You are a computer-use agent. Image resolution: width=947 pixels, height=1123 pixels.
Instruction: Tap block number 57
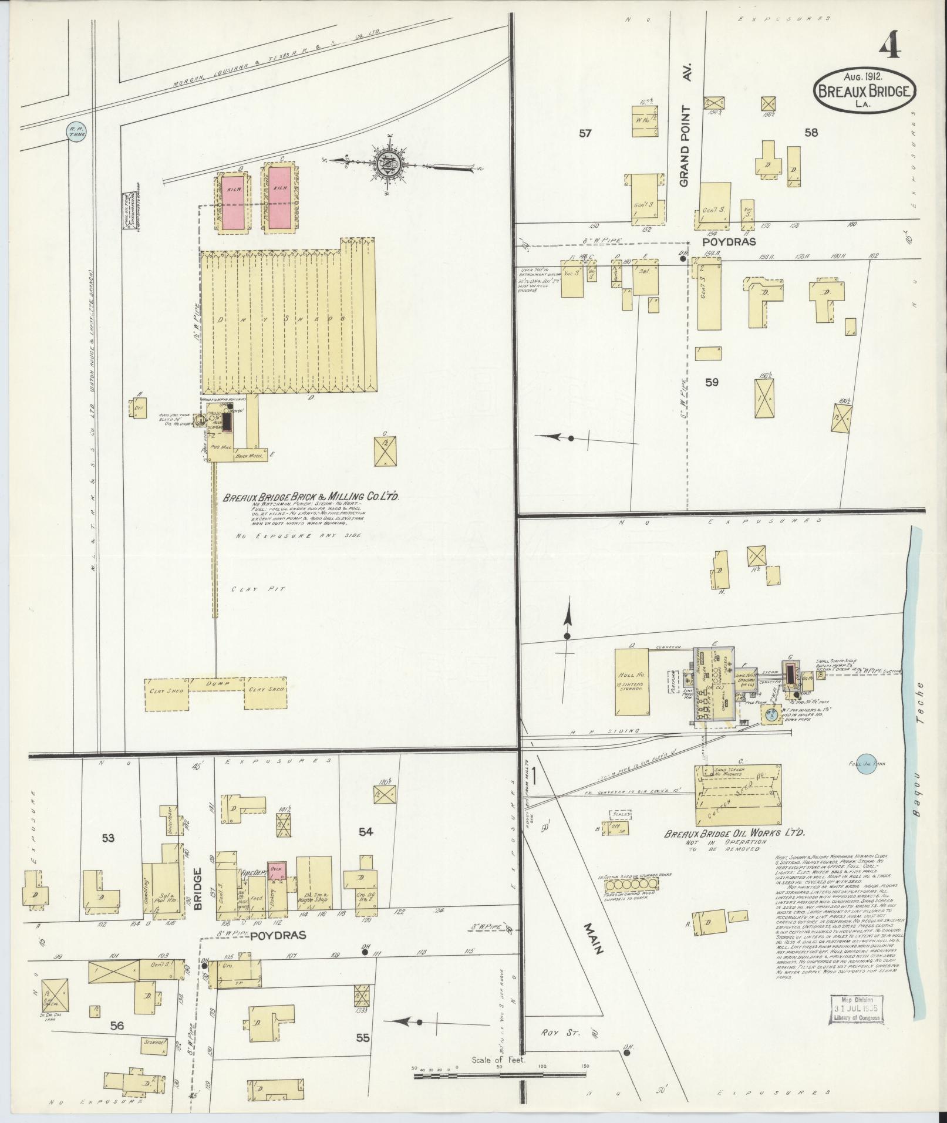(585, 133)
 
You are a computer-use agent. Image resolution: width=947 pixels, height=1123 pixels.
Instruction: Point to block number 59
(712, 382)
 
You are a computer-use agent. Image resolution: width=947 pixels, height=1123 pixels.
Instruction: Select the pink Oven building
(276, 871)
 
